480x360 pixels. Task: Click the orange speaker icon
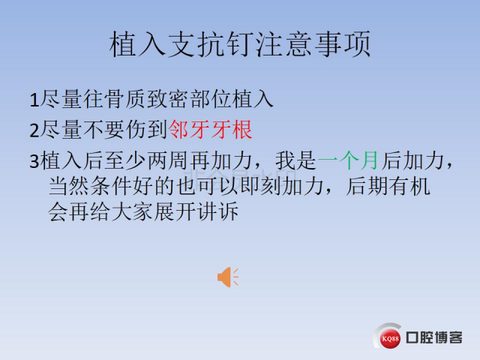(x=228, y=277)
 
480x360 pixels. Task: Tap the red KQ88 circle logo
(x=390, y=338)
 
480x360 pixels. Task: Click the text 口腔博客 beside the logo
(x=434, y=337)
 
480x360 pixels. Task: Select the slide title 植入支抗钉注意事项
(x=240, y=44)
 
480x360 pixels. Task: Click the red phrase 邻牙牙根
(x=210, y=130)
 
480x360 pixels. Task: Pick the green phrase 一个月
(x=348, y=160)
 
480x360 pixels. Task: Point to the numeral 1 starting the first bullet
(x=34, y=100)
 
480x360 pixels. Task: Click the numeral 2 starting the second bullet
(x=34, y=130)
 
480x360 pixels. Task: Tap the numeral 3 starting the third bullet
(x=34, y=161)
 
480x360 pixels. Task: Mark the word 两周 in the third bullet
(x=168, y=160)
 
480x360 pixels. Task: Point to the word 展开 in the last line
(x=175, y=211)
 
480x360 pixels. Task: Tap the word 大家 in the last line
(x=133, y=211)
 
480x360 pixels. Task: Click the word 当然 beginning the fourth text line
(x=69, y=186)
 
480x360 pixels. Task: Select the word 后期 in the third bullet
(x=367, y=186)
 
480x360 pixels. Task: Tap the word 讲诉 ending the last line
(x=218, y=211)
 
